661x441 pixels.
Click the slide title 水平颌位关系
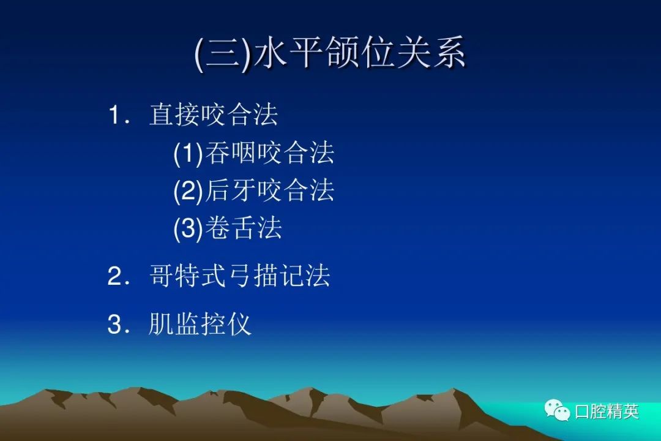click(360, 52)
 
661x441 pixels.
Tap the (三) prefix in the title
click(223, 53)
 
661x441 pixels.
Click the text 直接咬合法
click(214, 115)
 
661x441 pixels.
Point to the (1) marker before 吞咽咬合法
click(189, 153)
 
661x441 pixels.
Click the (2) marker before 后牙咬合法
click(189, 190)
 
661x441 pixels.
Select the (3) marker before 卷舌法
click(189, 228)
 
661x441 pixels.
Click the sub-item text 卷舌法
click(244, 228)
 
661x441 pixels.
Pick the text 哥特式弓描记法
click(239, 276)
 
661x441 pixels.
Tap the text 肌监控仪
click(200, 324)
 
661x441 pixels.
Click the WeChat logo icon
click(557, 410)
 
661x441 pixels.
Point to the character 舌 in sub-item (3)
click(244, 228)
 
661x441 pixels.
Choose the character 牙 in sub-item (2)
click(244, 190)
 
